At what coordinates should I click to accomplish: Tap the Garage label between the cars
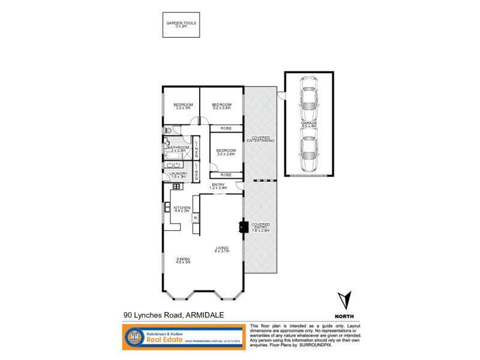click(310, 125)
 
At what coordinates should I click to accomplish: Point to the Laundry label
click(179, 175)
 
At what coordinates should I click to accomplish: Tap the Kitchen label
click(182, 209)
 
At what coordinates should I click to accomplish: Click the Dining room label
click(183, 260)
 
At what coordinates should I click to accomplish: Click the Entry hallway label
click(218, 187)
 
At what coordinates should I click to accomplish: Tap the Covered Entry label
click(260, 227)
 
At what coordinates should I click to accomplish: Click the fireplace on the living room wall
click(242, 227)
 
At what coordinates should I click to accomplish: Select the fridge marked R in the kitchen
click(196, 218)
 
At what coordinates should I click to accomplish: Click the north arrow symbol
click(343, 299)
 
